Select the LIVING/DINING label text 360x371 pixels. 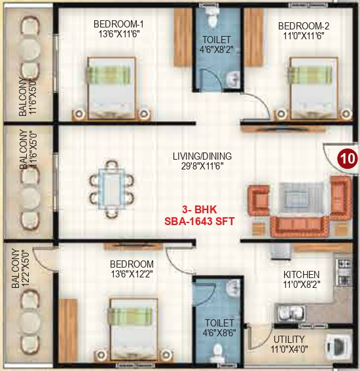[x=202, y=156]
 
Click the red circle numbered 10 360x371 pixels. [x=347, y=158]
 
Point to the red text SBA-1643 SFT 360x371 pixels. [x=200, y=222]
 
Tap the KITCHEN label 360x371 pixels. [x=301, y=274]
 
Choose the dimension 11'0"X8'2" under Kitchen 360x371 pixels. [x=301, y=285]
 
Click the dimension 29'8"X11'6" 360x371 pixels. [x=202, y=167]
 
